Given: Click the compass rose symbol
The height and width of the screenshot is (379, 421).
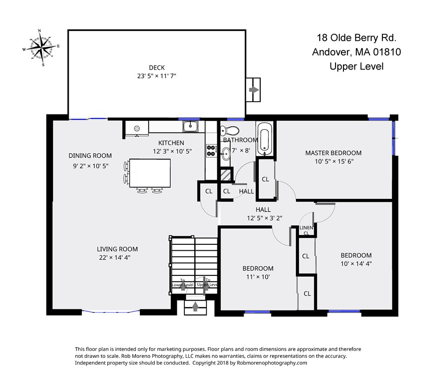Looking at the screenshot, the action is [41, 48].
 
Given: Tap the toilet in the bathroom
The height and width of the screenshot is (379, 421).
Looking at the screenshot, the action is [230, 131].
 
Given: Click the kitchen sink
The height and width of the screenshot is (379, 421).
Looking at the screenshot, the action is [190, 126].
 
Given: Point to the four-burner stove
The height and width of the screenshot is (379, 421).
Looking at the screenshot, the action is [211, 151].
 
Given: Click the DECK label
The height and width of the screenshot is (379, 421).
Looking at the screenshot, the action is [157, 68].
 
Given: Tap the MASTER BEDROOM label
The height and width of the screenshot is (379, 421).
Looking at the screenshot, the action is [333, 153].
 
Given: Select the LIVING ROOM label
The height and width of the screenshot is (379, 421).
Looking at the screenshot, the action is [117, 249].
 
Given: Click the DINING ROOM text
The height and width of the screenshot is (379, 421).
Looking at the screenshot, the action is [90, 155].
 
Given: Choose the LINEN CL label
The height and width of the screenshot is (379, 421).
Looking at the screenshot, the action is [306, 230].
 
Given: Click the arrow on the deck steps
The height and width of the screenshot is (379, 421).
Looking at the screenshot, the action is [253, 90].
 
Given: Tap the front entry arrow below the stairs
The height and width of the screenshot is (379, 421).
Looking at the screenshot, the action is [196, 306].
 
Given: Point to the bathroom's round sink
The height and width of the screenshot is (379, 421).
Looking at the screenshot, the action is [225, 153].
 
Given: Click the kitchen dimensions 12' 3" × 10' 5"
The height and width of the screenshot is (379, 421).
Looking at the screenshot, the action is [172, 152].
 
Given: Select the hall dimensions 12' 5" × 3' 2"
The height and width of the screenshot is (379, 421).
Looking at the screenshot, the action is [264, 218].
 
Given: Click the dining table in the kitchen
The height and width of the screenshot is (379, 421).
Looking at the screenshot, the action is [150, 173].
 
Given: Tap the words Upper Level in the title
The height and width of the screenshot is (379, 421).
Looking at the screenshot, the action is [356, 66].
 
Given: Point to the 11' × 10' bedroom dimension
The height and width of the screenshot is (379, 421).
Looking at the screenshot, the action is [258, 277].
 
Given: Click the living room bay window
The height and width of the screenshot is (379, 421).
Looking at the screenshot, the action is [111, 312].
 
